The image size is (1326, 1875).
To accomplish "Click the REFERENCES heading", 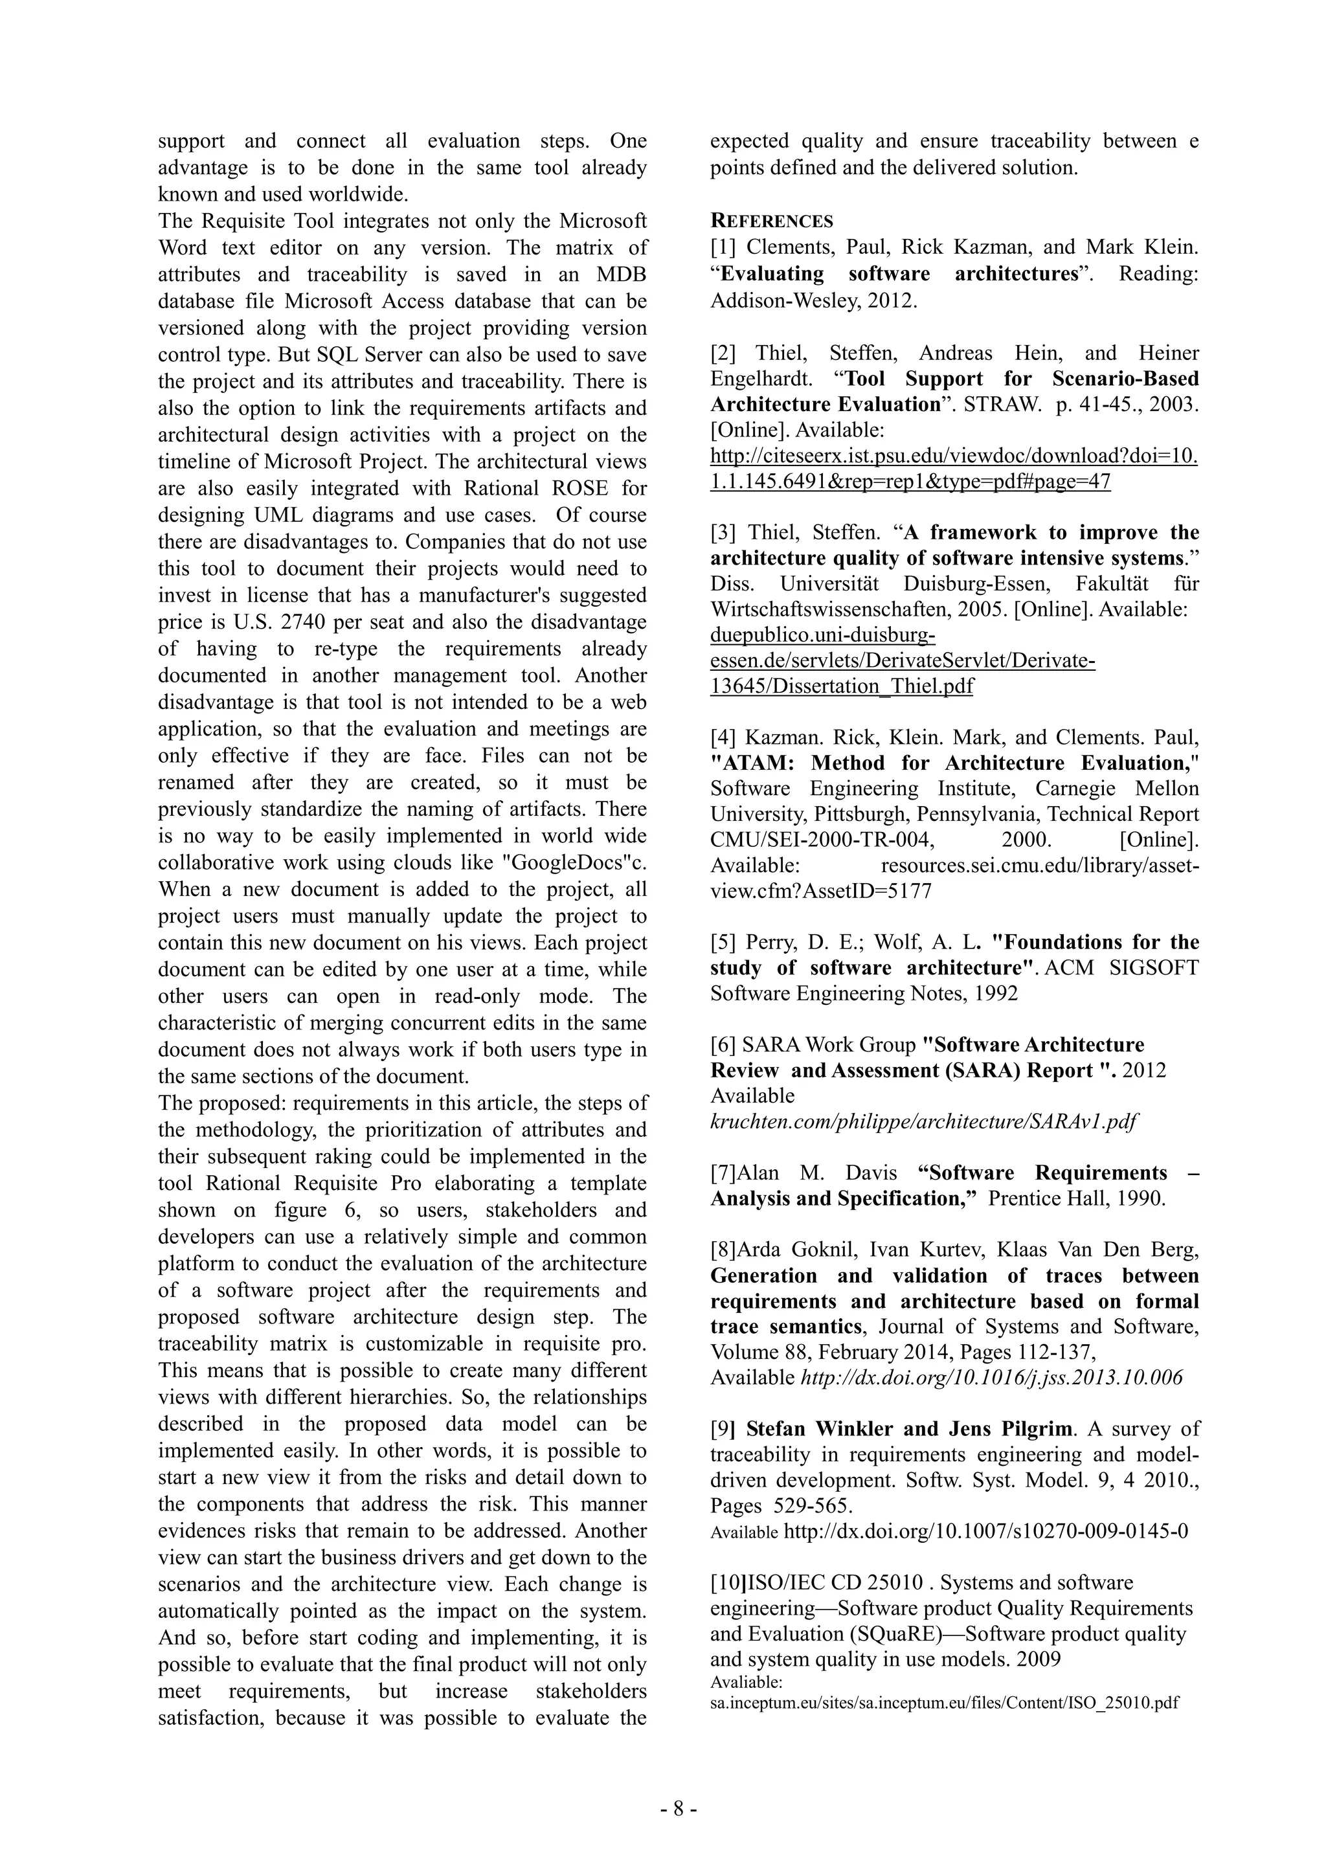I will point(772,221).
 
